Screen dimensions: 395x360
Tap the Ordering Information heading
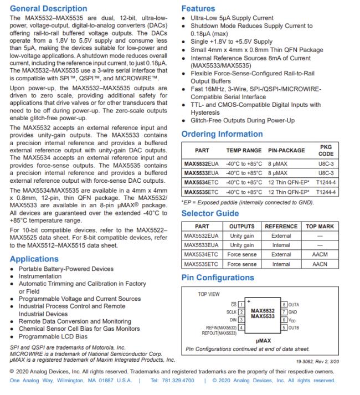222,134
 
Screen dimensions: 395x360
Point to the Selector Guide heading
210,213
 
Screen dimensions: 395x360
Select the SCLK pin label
231,312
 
